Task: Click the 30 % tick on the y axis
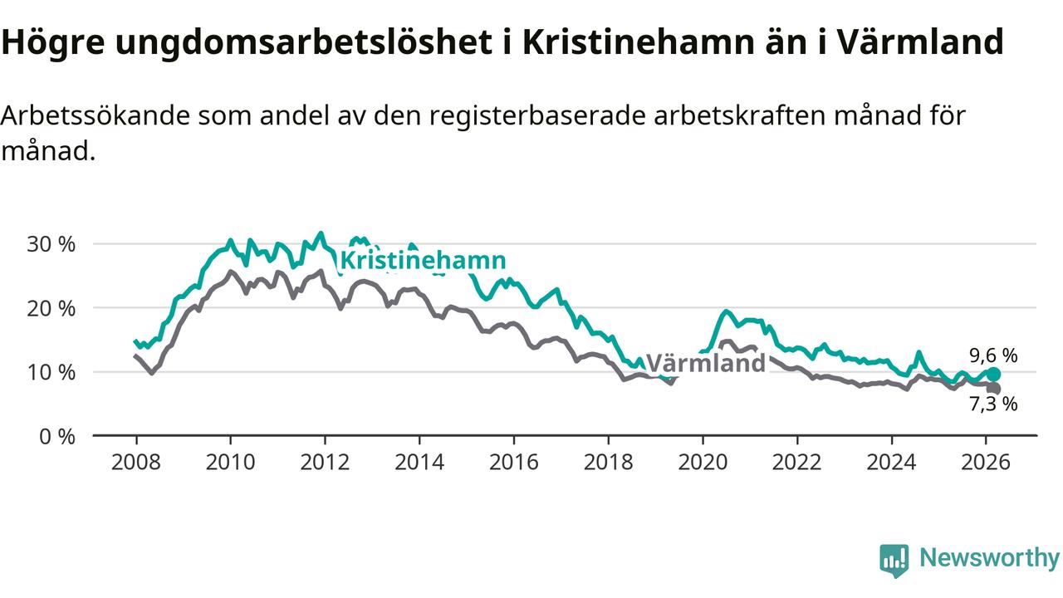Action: tap(51, 244)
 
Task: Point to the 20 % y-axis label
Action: tap(51, 308)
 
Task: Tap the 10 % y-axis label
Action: tap(51, 372)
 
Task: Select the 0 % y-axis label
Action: tap(57, 436)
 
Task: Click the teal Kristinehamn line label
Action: tap(423, 260)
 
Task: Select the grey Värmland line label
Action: tap(705, 363)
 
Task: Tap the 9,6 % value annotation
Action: tap(993, 355)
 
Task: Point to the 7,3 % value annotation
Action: tap(993, 404)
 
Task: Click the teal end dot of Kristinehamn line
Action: tap(993, 374)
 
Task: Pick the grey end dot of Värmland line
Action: tap(993, 389)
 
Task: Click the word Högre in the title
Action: tap(53, 42)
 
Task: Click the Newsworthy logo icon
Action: tap(894, 561)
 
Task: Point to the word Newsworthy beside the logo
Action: tap(989, 558)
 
